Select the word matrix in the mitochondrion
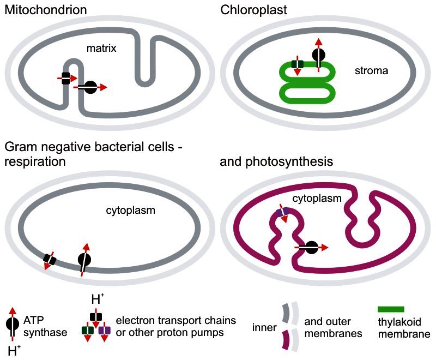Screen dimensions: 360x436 102,49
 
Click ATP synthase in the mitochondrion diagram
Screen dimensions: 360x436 90,87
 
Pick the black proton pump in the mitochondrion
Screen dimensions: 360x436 65,79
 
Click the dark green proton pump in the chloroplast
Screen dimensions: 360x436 297,65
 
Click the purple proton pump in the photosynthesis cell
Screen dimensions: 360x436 282,212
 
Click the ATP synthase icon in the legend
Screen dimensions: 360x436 13,324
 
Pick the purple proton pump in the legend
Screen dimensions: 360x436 105,330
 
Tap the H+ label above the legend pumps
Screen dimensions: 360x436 96,300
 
